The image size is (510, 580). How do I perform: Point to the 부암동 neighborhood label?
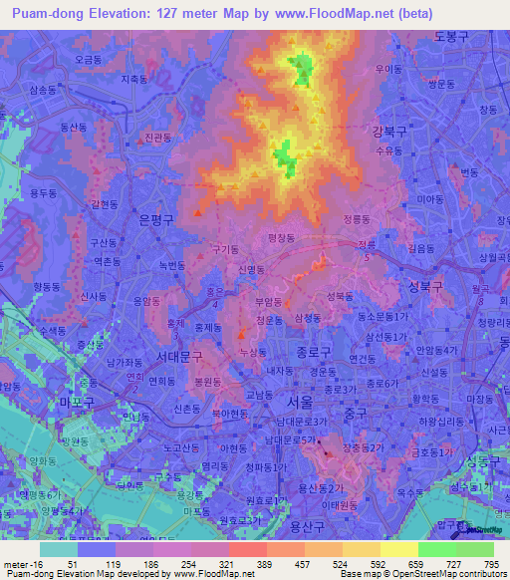[270, 300]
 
